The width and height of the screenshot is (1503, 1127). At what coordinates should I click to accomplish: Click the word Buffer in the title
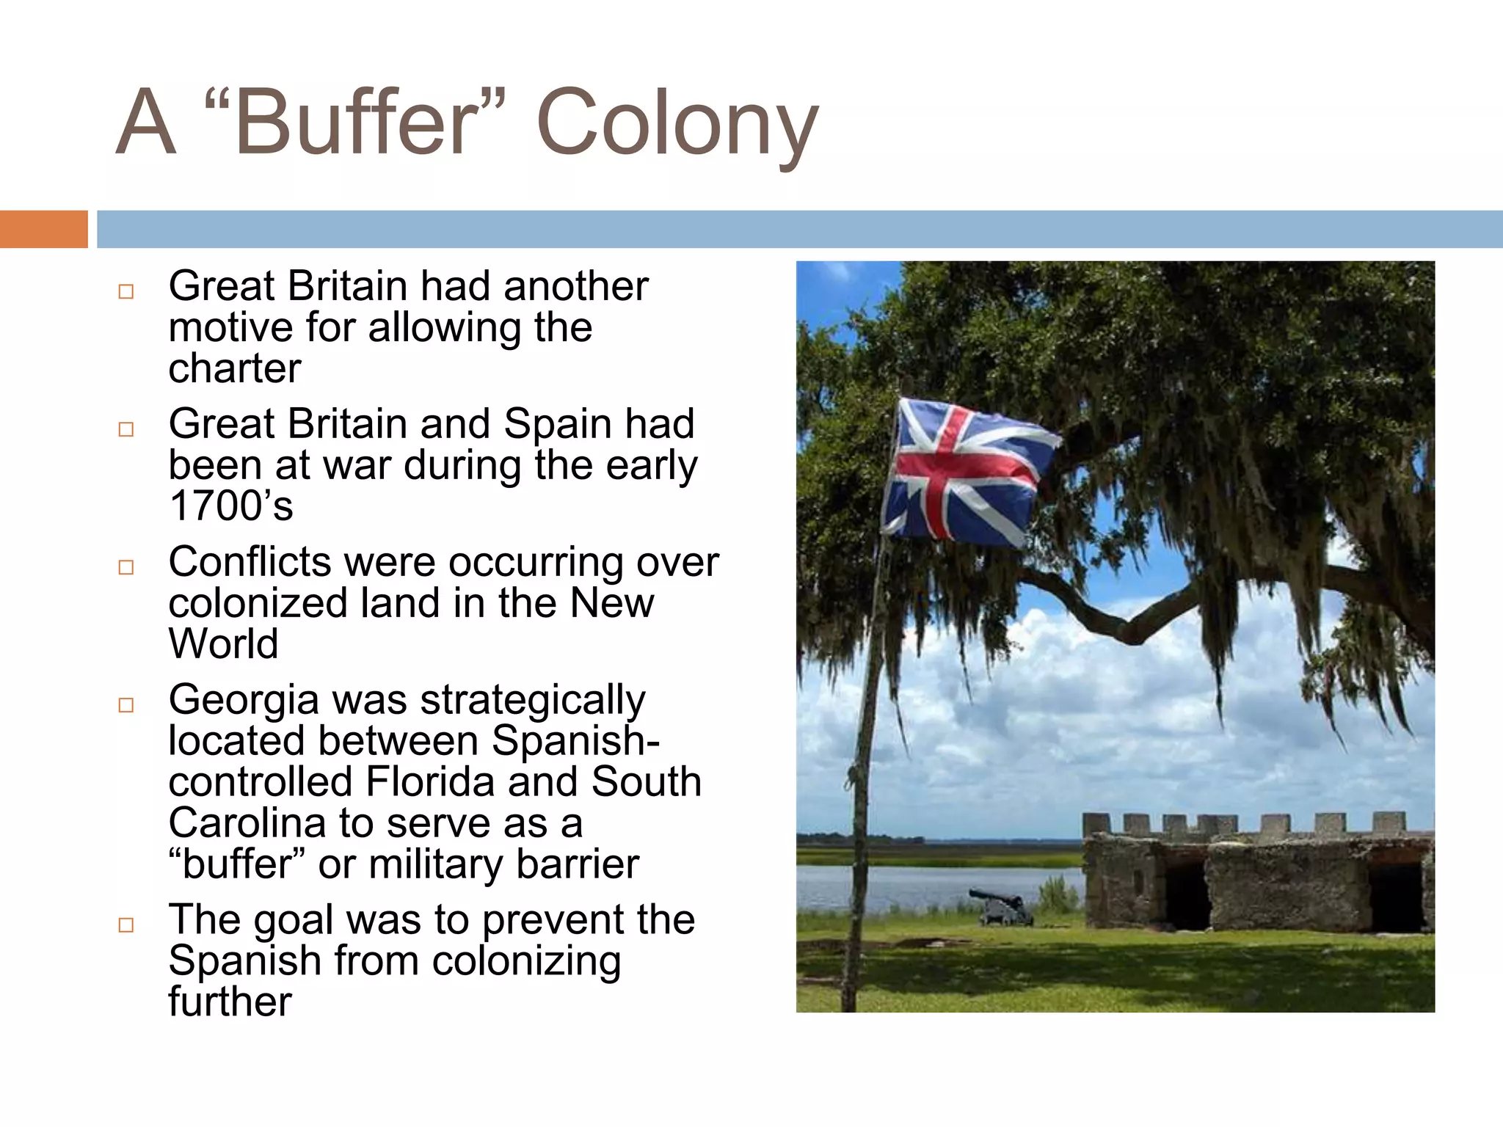tap(357, 122)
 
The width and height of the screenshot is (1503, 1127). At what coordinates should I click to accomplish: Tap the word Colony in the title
tap(677, 125)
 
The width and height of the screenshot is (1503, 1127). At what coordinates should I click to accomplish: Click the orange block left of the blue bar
tap(43, 229)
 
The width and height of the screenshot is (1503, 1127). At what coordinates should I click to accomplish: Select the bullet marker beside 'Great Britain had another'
tap(126, 291)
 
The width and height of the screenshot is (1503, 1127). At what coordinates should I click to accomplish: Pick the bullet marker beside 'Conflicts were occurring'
tap(126, 567)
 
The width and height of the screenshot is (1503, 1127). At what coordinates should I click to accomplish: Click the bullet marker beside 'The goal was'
tap(126, 924)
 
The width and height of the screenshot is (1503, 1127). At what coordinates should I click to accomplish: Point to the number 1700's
tap(230, 506)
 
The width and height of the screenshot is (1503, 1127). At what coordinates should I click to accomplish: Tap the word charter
tap(235, 368)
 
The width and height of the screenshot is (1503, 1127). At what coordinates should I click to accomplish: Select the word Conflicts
tap(250, 562)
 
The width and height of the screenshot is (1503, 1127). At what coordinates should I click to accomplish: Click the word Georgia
tap(244, 701)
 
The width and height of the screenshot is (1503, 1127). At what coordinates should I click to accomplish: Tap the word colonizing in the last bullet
tap(526, 961)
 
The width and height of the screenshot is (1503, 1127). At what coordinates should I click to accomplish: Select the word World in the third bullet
tap(223, 643)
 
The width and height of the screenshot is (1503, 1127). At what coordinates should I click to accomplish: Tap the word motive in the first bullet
tap(230, 327)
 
